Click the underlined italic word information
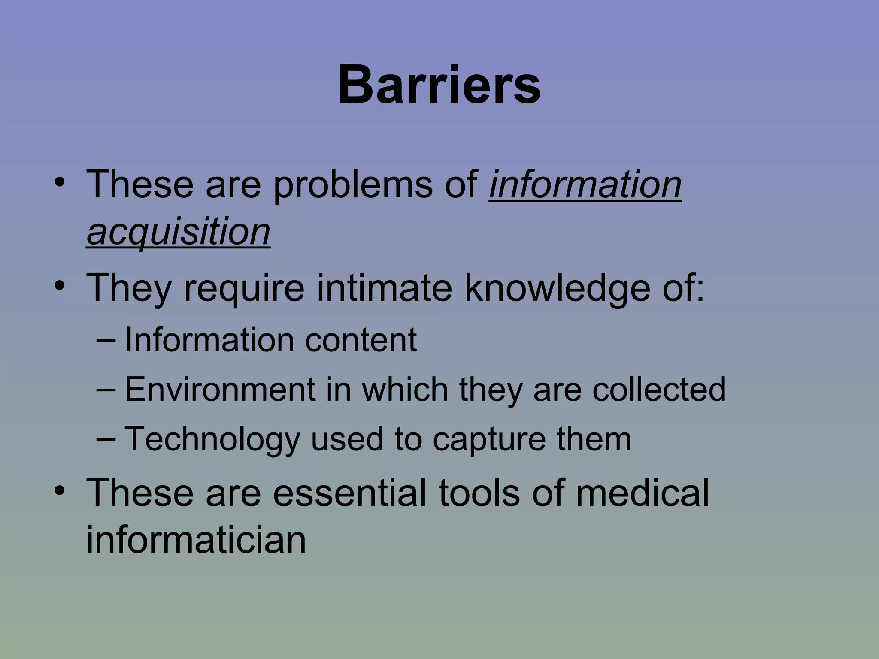(585, 185)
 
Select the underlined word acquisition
(178, 232)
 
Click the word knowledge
(557, 288)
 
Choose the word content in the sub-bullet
(361, 340)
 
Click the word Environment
(220, 389)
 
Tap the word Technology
(212, 439)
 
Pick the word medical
(643, 493)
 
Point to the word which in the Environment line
(405, 389)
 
